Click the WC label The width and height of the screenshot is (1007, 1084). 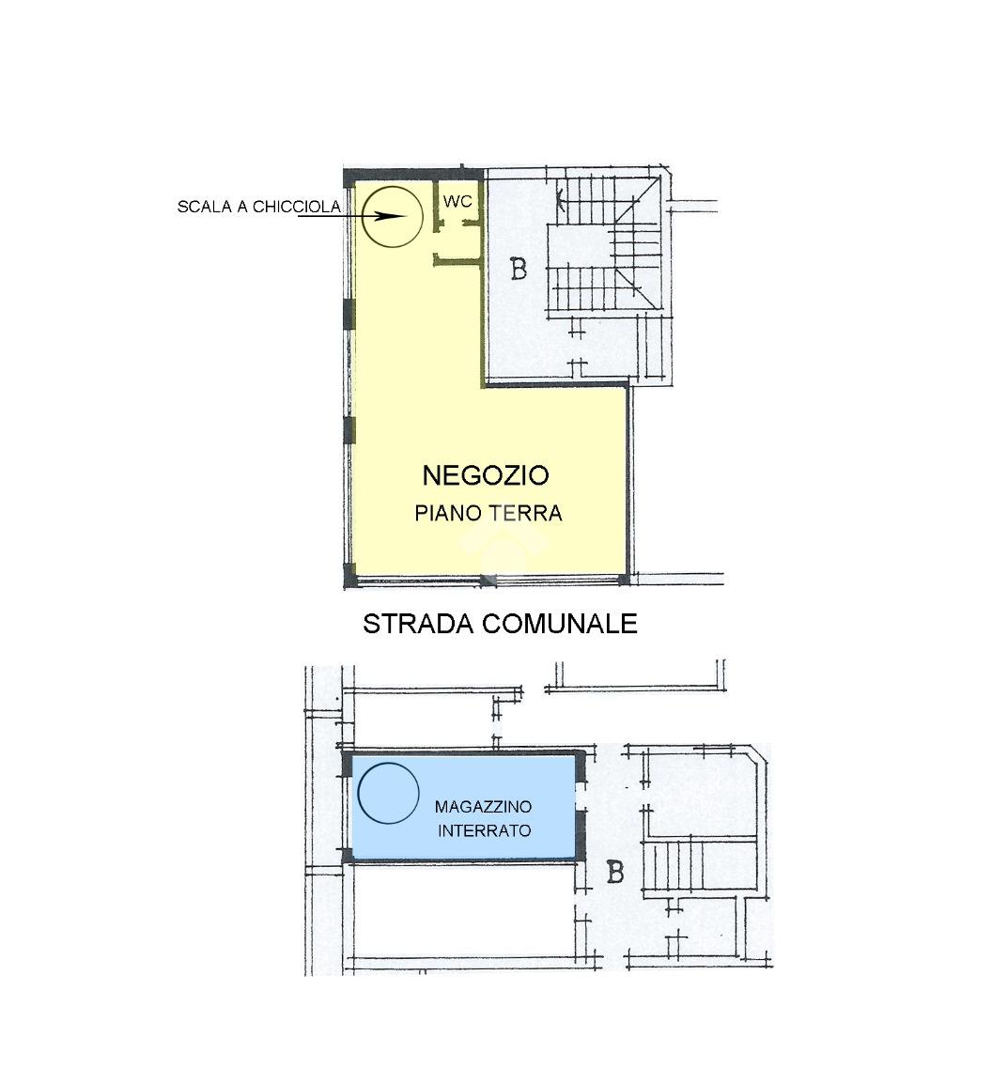click(457, 201)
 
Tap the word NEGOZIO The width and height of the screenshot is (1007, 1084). click(486, 475)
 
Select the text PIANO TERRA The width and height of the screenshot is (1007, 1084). click(488, 513)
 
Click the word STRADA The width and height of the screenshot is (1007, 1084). click(417, 624)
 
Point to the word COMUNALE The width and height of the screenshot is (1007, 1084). click(559, 624)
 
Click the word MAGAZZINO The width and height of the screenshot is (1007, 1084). click(483, 806)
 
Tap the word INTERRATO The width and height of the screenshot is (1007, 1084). click(484, 830)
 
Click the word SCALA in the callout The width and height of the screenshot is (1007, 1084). click(205, 207)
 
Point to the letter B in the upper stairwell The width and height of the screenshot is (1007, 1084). click(518, 269)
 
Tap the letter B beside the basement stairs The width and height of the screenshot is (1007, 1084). click(614, 873)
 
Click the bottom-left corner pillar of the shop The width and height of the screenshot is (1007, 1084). click(349, 573)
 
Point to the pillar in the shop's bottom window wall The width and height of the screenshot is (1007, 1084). click(488, 580)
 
